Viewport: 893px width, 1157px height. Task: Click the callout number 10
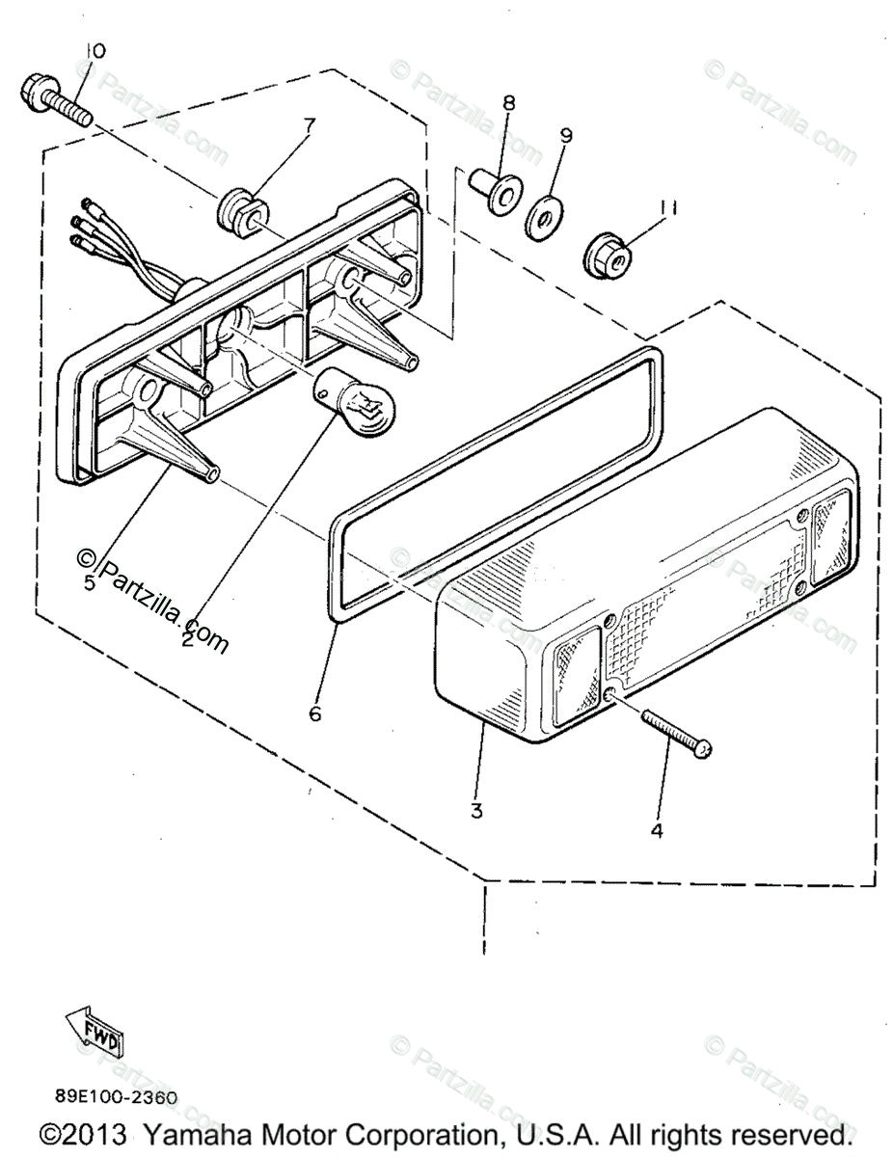95,50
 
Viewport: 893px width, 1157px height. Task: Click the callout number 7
310,124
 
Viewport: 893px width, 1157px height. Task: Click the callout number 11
665,207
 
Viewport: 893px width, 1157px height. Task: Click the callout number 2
187,638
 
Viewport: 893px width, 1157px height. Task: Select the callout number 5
90,583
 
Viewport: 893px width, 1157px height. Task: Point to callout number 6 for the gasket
314,714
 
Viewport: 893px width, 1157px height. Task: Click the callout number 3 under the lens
476,811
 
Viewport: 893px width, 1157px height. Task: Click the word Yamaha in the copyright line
203,1134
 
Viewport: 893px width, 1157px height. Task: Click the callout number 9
565,135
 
